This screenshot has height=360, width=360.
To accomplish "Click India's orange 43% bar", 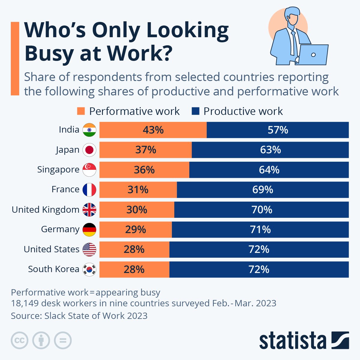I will tap(153, 130).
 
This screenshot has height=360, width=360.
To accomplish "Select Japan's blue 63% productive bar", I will tap(270, 150).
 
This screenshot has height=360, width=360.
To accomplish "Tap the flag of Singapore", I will tap(89, 170).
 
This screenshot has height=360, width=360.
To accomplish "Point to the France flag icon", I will tap(89, 190).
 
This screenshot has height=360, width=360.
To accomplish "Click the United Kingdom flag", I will tap(89, 209).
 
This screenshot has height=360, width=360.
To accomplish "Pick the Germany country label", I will tap(60, 229).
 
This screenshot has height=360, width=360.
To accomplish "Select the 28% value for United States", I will tap(134, 249).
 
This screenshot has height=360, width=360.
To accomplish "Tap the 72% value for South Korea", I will tap(259, 269).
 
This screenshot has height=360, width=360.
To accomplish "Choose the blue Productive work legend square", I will tap(195, 111).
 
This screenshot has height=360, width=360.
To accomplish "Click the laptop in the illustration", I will tap(313, 55).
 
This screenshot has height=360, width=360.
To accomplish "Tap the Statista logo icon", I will tap(340, 340).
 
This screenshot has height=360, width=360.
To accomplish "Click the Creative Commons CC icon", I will tap(19, 340).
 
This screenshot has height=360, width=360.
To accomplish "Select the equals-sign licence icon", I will tap(63, 340).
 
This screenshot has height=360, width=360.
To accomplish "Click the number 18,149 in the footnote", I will tap(25, 303).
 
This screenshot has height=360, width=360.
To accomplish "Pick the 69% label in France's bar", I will tap(262, 190).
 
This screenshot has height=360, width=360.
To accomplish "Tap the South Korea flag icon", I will tap(89, 269).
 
